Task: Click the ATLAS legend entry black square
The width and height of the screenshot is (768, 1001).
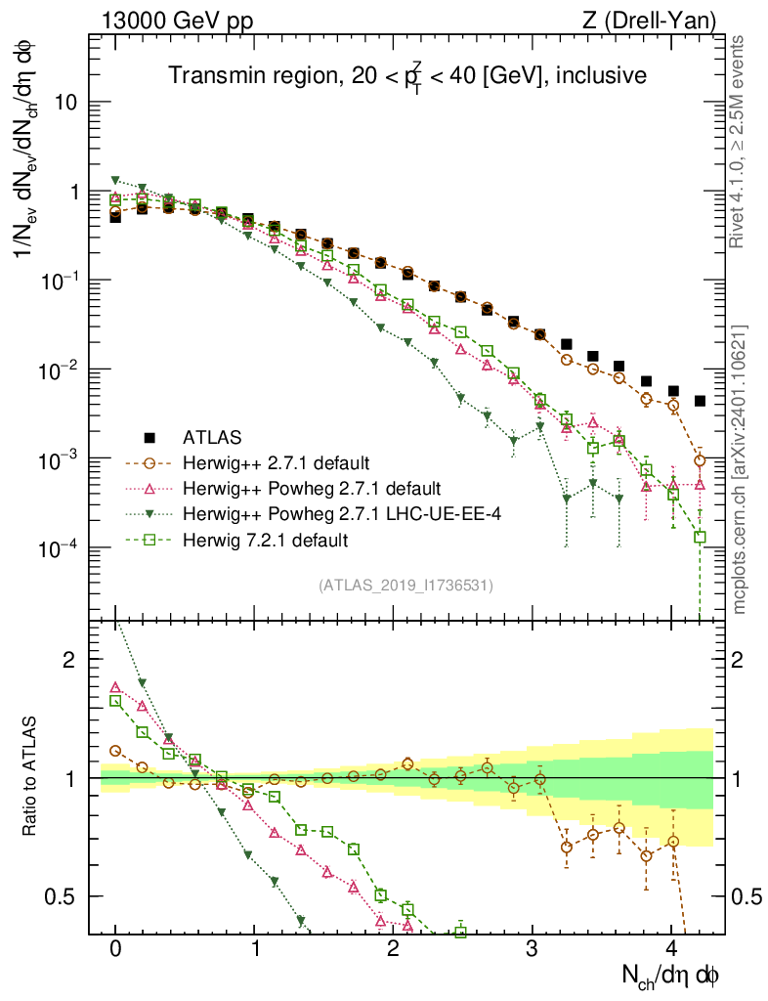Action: click(x=149, y=437)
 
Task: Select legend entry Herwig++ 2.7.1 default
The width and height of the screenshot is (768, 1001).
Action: click(x=266, y=462)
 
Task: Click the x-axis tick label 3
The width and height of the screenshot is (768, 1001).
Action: click(x=532, y=949)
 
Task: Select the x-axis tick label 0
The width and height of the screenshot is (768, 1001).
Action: click(x=115, y=949)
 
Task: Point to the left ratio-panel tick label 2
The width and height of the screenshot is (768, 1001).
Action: click(x=69, y=660)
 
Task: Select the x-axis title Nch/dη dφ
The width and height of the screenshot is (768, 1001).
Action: click(x=673, y=975)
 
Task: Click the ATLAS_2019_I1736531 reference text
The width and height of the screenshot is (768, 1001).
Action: click(x=405, y=586)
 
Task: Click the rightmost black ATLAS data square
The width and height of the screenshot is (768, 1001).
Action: click(x=700, y=401)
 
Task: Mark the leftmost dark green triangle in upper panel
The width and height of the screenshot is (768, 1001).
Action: click(x=115, y=181)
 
